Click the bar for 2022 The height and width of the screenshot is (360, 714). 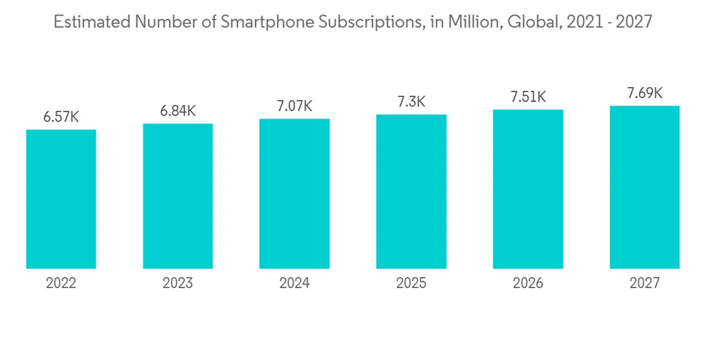[x=61, y=199]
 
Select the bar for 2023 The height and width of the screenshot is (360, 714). [x=178, y=196]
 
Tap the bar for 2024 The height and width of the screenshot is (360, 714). [x=294, y=194]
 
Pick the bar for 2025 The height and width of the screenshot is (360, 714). [x=411, y=191]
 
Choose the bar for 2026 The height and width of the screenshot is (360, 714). [x=528, y=189]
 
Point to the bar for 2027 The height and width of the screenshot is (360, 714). [x=645, y=187]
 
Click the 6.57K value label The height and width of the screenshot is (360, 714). [x=61, y=117]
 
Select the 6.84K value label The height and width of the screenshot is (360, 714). [x=178, y=111]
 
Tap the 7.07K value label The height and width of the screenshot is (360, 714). [x=294, y=106]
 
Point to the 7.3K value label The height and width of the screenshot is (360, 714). [x=411, y=102]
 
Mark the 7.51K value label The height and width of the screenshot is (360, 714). [x=528, y=97]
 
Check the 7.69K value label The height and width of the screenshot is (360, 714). [x=645, y=93]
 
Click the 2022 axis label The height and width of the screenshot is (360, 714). [x=61, y=284]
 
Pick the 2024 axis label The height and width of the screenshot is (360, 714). [x=294, y=284]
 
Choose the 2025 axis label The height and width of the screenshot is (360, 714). [x=411, y=284]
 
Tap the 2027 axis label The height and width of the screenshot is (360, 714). [x=645, y=284]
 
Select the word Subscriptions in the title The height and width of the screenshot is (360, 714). [x=369, y=23]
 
